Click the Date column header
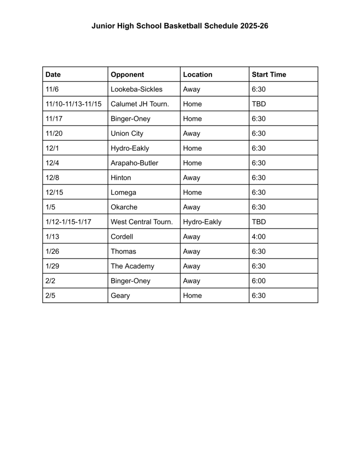tap(53, 75)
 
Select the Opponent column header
tap(127, 75)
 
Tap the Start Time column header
tap(269, 75)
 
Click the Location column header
tap(198, 75)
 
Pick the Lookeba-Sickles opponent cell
tap(137, 89)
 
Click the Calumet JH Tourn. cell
tap(140, 104)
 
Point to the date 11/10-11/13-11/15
tap(73, 104)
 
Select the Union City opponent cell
tap(127, 133)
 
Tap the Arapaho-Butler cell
tap(134, 163)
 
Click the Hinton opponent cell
tap(121, 178)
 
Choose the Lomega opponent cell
tap(123, 192)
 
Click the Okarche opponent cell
tap(124, 207)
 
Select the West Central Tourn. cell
tap(142, 222)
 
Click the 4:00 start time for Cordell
tap(259, 237)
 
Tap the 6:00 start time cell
tap(259, 281)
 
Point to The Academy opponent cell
tap(132, 266)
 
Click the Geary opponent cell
tap(120, 296)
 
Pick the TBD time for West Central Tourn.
tap(259, 222)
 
